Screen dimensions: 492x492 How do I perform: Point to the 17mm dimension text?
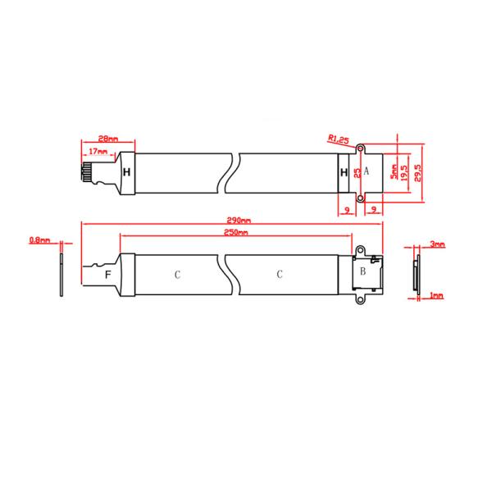click(98, 153)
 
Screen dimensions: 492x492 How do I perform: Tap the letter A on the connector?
click(367, 171)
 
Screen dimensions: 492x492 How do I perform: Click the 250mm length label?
click(236, 233)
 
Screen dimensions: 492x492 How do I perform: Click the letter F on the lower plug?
click(107, 273)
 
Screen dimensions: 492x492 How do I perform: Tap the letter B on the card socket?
click(362, 272)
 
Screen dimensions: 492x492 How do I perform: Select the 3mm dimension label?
click(437, 244)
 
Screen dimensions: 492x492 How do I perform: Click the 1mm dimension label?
click(435, 295)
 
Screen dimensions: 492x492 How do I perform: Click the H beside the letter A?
click(344, 172)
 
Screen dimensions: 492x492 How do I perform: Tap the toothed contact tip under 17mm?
click(85, 175)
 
